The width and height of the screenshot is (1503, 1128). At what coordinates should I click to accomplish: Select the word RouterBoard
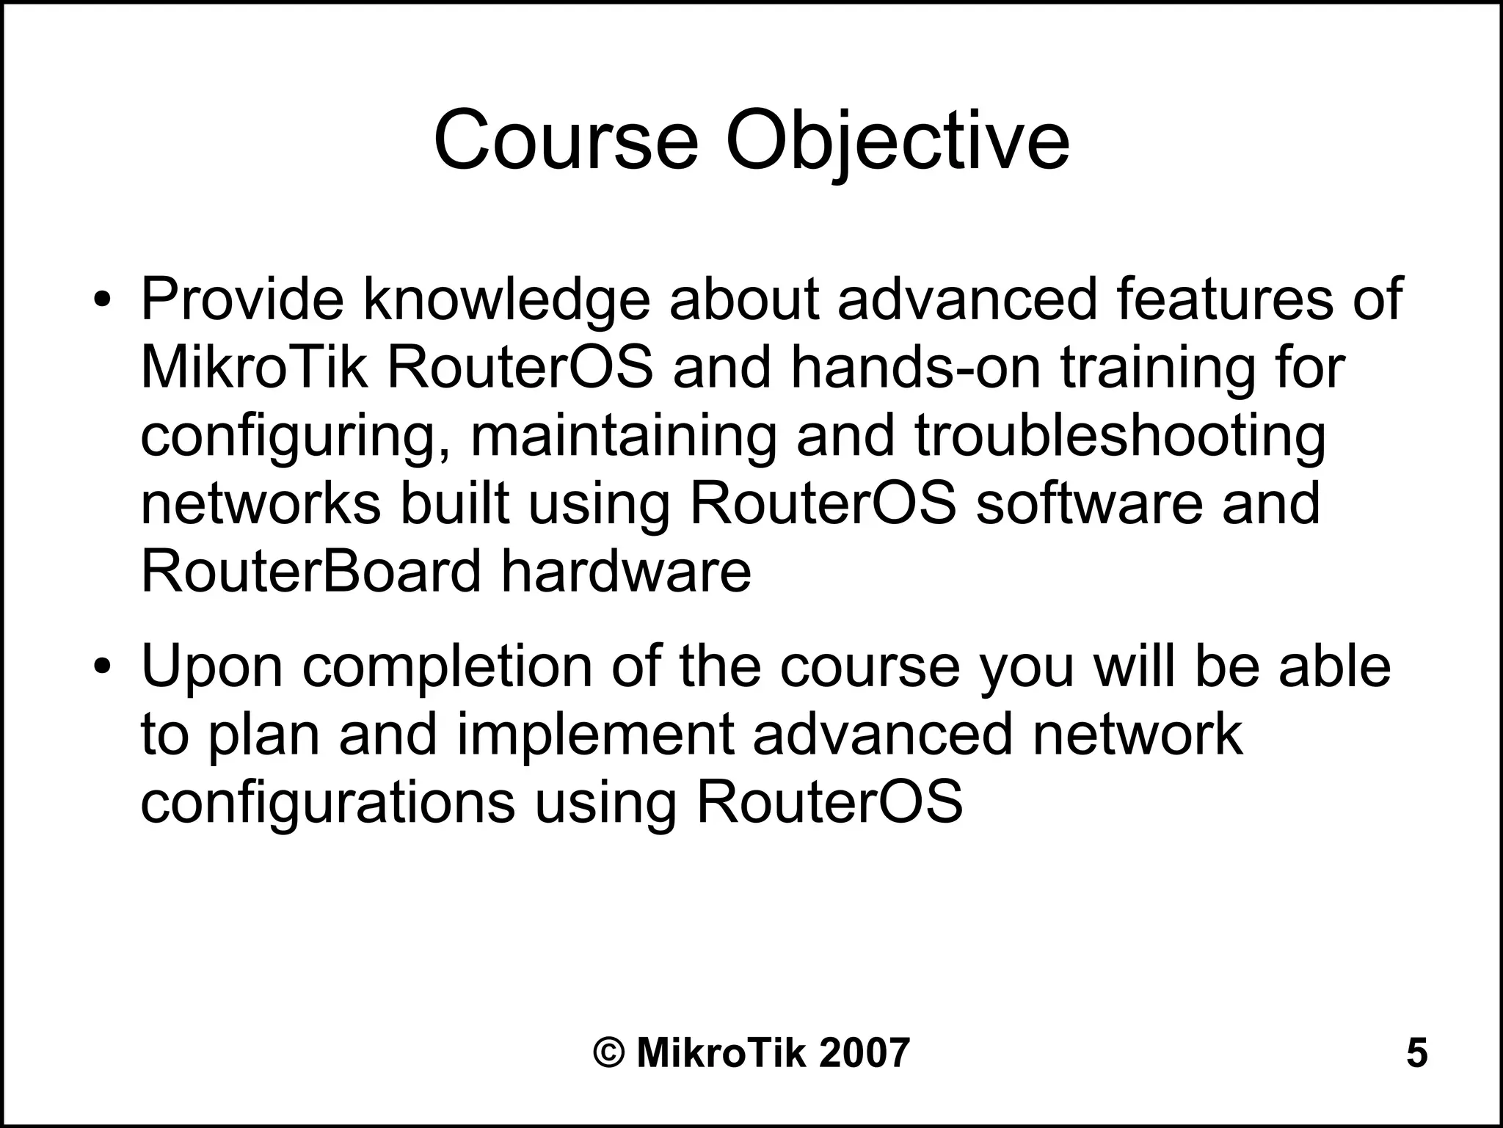[x=310, y=572]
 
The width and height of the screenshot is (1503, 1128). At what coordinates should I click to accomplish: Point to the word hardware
[x=626, y=572]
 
